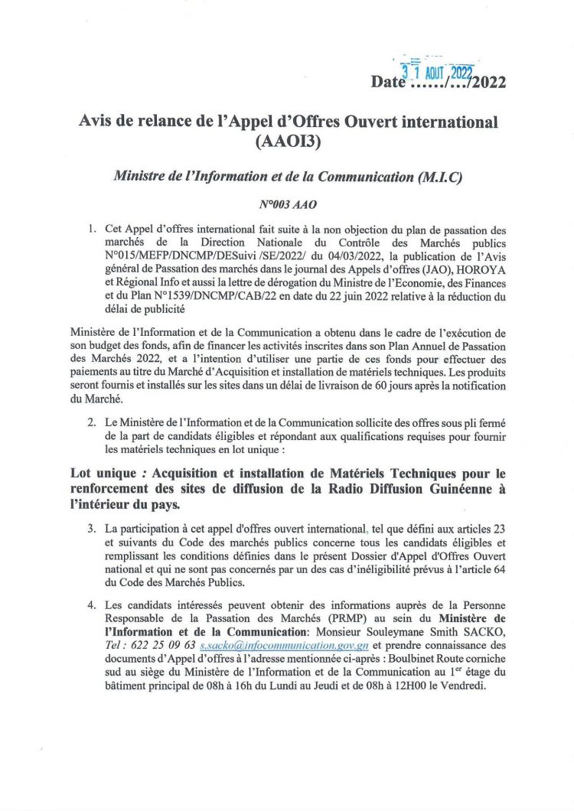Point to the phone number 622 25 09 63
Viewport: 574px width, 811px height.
[164, 645]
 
